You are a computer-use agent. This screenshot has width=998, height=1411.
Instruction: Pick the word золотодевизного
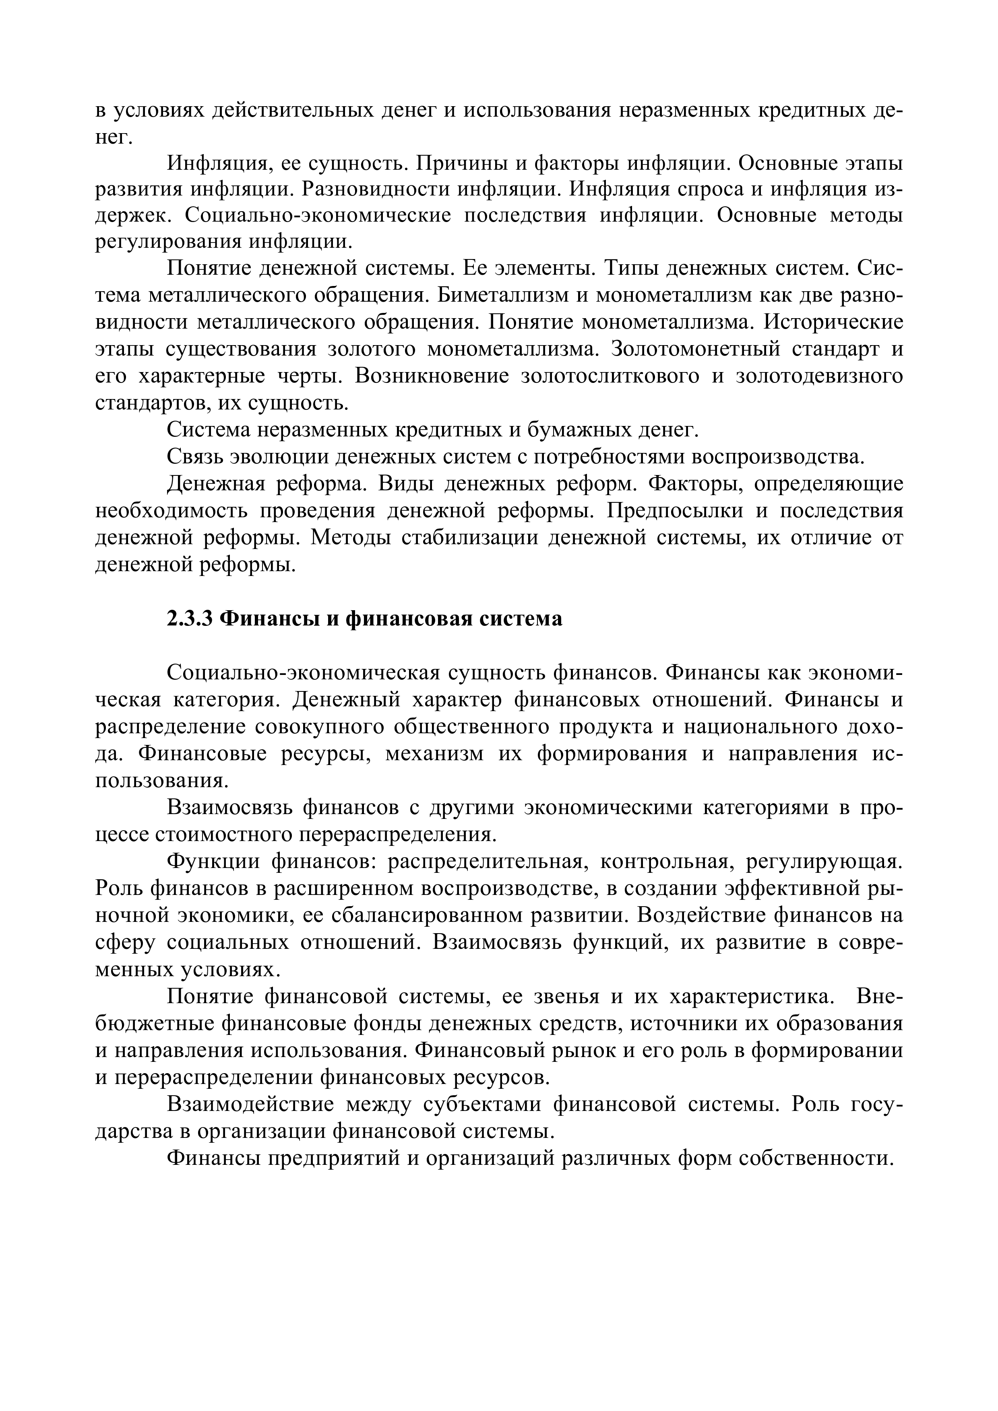pos(820,376)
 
